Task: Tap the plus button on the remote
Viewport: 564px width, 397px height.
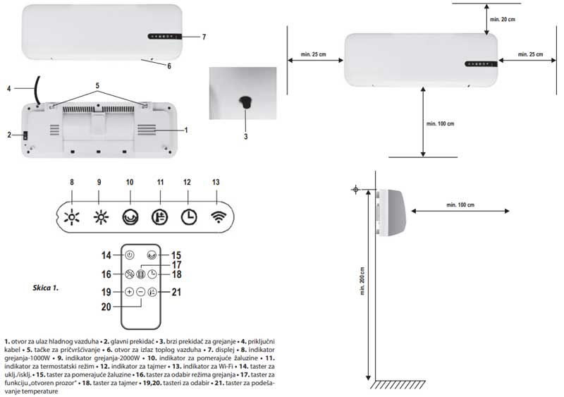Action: (x=130, y=291)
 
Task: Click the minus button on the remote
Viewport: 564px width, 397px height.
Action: (x=141, y=291)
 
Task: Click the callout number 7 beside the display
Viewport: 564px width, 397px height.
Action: (x=203, y=36)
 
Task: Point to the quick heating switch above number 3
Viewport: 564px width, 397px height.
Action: (x=245, y=102)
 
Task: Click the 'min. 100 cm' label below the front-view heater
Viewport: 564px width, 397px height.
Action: (x=441, y=123)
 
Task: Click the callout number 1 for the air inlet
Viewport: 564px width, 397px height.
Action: (x=185, y=130)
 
